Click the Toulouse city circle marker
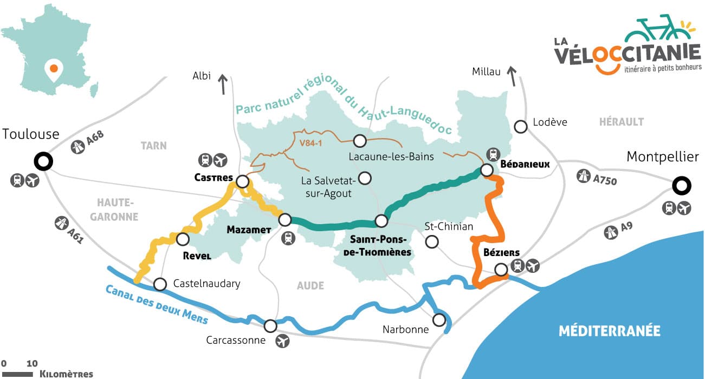[43, 161]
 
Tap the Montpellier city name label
[663, 157]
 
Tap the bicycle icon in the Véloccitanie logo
[652, 28]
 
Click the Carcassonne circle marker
[270, 326]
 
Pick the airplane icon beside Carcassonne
[283, 341]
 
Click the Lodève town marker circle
[521, 127]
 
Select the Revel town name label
[197, 256]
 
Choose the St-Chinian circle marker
[431, 241]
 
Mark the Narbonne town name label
[405, 329]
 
